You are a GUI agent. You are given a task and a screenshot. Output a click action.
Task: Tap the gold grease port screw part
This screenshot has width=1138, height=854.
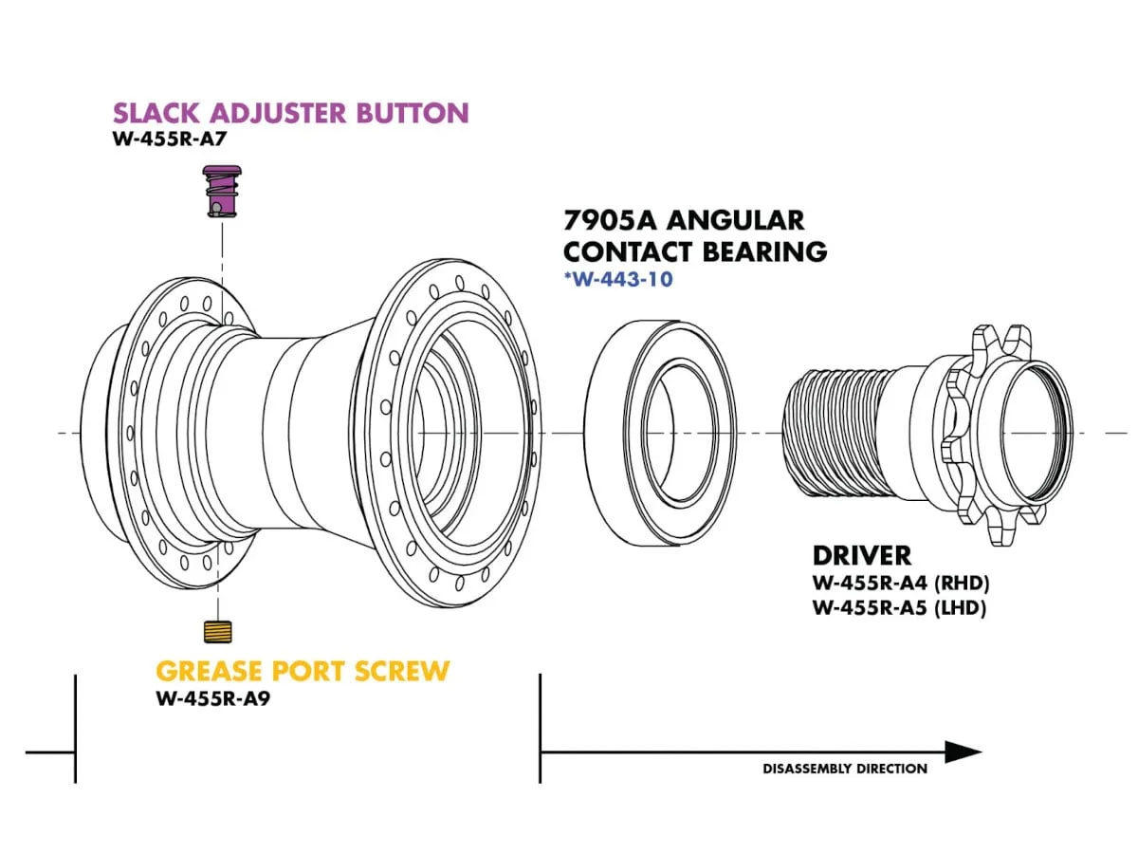[221, 631]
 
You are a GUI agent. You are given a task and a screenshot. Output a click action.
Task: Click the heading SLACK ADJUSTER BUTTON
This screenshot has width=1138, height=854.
[290, 113]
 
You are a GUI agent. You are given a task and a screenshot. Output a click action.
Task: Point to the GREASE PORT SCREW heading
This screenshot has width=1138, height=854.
[303, 671]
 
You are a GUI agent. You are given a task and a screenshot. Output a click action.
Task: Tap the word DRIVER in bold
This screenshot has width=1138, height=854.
[862, 555]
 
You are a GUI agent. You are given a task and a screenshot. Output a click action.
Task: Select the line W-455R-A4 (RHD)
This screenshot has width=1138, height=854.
[899, 585]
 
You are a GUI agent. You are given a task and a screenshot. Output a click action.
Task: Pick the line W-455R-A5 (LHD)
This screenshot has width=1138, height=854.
[899, 608]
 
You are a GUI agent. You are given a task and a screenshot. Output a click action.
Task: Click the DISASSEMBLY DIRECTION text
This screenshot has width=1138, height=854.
[845, 769]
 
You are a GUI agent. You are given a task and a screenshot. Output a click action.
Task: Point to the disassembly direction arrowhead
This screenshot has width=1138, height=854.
[963, 752]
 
